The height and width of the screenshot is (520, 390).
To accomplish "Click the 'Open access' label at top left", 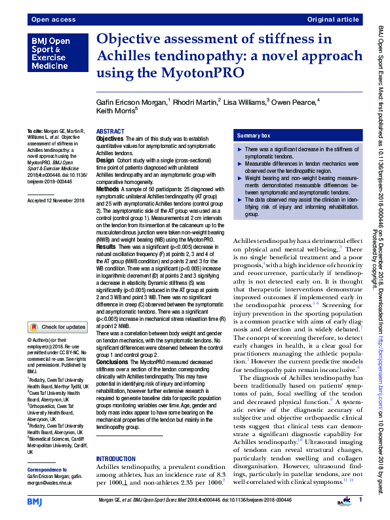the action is coord(49,20).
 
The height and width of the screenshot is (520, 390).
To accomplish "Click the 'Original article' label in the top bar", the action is coord(333,20).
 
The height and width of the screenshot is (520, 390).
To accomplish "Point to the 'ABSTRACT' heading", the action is coord(110,132).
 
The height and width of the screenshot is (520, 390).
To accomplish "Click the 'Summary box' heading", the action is coord(254,135).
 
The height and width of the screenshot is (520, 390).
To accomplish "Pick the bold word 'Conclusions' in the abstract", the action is coord(113,362).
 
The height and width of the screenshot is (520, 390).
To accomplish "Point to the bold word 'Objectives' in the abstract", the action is coord(109,139).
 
